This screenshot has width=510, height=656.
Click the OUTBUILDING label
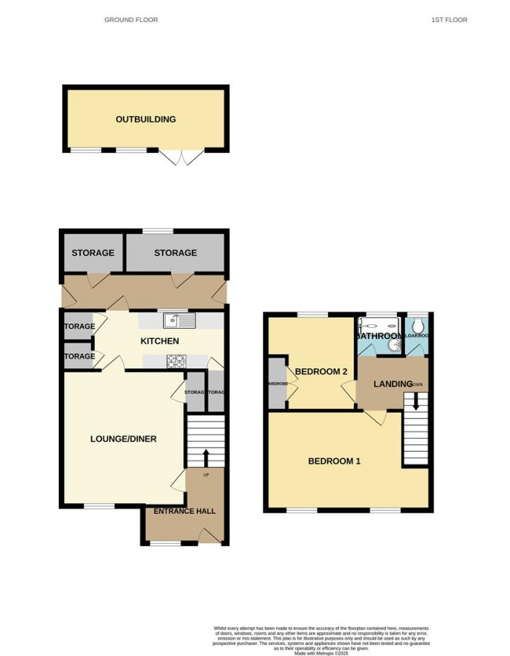click(x=146, y=119)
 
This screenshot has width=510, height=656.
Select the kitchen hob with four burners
click(x=177, y=360)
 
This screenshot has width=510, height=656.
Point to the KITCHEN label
click(x=160, y=341)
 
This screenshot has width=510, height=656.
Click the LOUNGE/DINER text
click(x=124, y=439)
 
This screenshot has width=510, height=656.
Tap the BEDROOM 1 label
click(x=334, y=461)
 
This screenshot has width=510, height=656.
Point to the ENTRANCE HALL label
click(x=184, y=511)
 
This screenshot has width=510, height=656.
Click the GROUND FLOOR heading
click(x=131, y=20)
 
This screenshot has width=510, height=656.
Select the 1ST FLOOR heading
click(x=449, y=20)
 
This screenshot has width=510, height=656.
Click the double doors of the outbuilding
click(x=177, y=156)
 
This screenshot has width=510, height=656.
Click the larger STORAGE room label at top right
click(x=175, y=253)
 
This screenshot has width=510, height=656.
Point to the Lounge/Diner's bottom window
click(x=98, y=506)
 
